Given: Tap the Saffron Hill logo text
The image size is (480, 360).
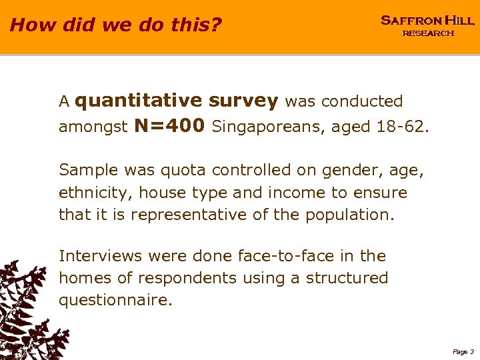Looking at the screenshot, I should pyautogui.click(x=427, y=21).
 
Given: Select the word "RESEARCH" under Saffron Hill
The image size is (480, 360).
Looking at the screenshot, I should pyautogui.click(x=427, y=33).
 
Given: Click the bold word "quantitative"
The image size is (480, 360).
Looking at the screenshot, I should pyautogui.click(x=139, y=101).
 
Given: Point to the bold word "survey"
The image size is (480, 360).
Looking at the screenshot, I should pyautogui.click(x=243, y=101).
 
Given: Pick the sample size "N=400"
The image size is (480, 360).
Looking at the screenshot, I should pyautogui.click(x=169, y=126).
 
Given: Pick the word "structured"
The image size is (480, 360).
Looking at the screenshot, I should pyautogui.click(x=347, y=278).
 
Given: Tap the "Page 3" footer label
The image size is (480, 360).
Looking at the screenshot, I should pyautogui.click(x=463, y=351).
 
